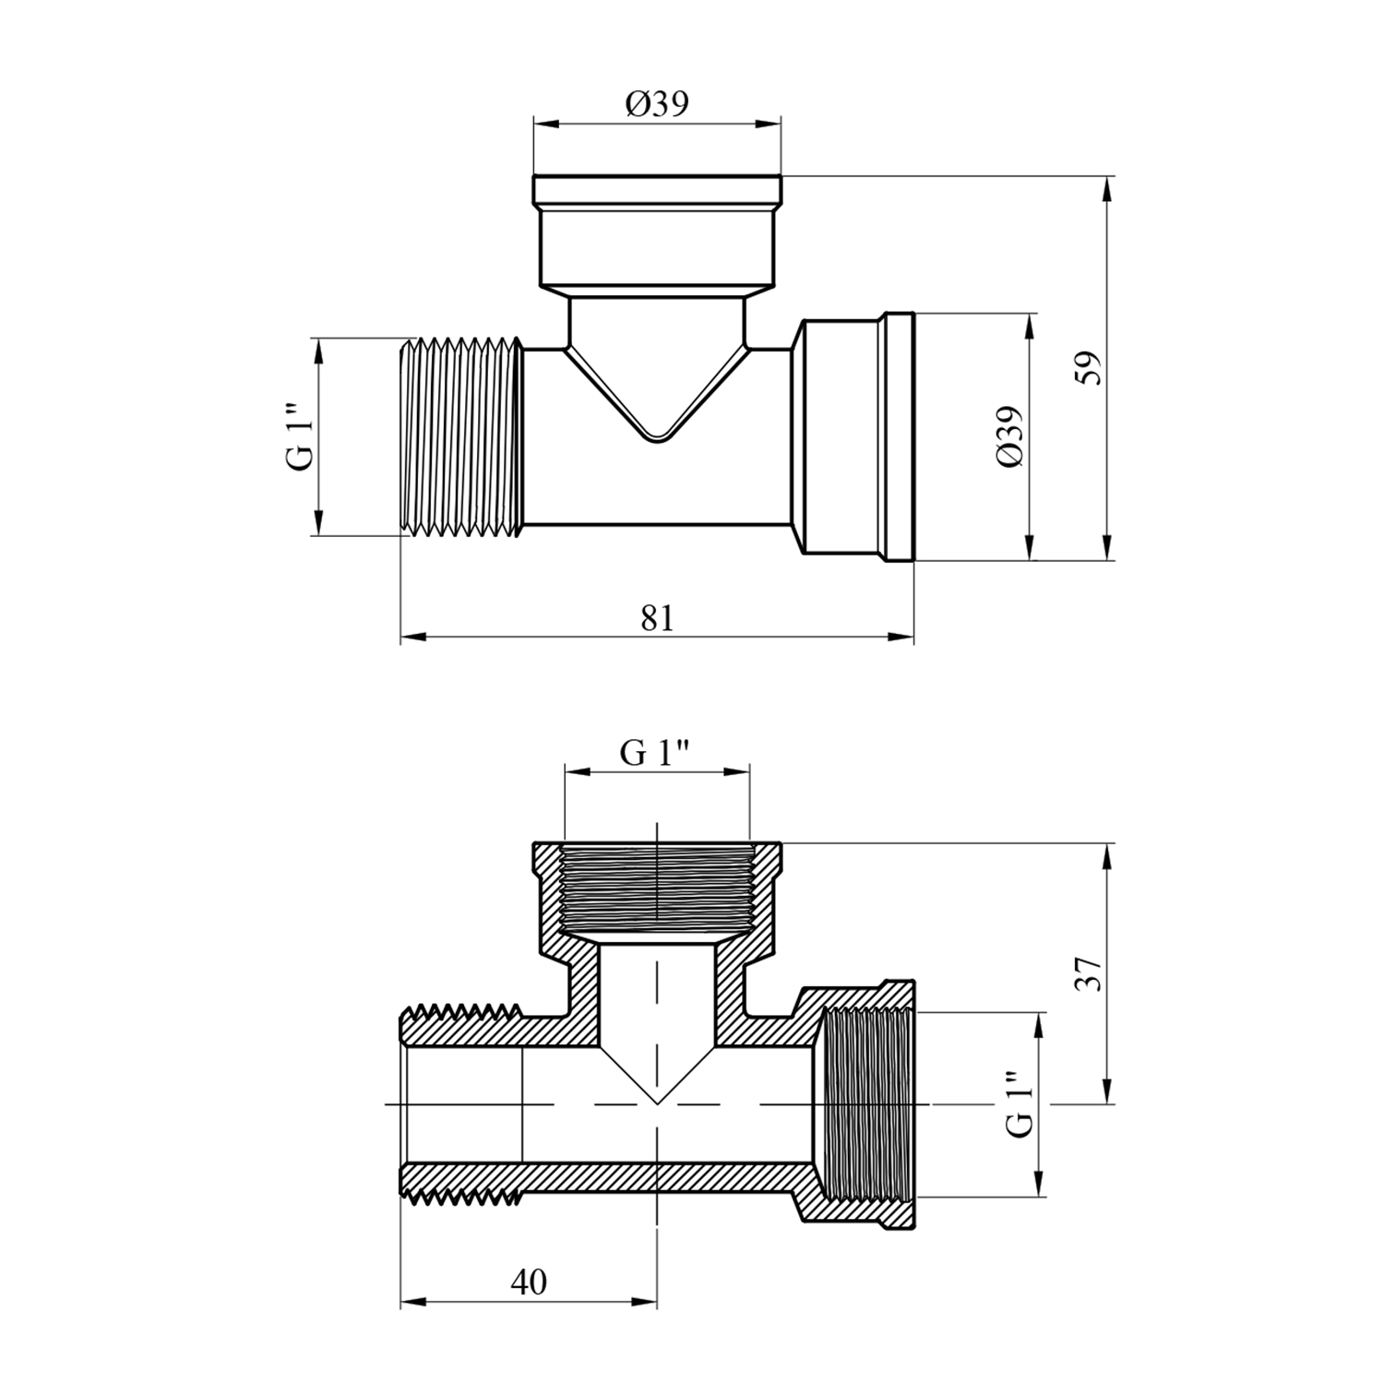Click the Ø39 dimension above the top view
(657, 104)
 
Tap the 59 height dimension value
(1092, 368)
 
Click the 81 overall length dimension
(657, 618)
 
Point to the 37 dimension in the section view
(1092, 972)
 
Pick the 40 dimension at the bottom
(528, 1282)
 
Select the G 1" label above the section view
(656, 754)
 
